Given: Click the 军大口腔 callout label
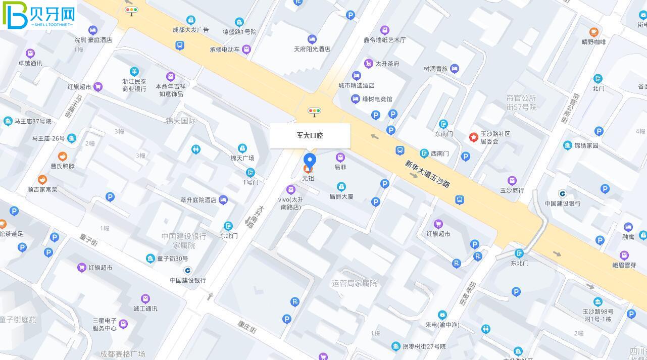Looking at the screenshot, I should [x=310, y=135].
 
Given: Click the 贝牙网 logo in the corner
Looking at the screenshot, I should [x=38, y=15].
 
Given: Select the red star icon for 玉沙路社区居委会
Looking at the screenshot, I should [x=473, y=137].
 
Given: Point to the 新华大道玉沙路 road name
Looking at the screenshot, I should [x=427, y=174].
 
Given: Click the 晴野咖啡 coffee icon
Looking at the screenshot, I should [x=593, y=32].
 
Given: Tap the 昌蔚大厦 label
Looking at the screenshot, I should [x=341, y=196].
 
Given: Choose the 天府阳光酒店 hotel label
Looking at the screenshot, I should [x=312, y=49].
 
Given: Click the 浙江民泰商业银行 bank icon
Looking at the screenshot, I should [x=134, y=72].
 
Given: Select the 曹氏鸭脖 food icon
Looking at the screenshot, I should [x=63, y=157].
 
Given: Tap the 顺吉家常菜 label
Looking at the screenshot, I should [x=42, y=189].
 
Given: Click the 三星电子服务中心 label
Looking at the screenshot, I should [x=105, y=324].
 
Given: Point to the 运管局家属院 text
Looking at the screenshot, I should [x=355, y=283].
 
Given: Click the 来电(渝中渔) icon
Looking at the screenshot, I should [x=442, y=315].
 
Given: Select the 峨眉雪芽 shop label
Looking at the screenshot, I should [x=624, y=265].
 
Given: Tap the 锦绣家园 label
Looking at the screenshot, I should [x=586, y=145].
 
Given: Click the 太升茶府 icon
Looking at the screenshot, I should [x=369, y=64].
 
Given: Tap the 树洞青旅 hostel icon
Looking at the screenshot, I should [x=455, y=69].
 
